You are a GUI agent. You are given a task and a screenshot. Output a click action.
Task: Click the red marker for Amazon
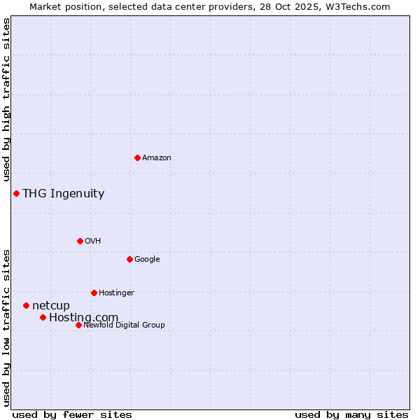pyautogui.click(x=137, y=157)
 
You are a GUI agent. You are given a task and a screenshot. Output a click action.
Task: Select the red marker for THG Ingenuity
pyautogui.click(x=16, y=193)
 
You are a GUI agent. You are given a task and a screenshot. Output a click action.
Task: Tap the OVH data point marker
pyautogui.click(x=80, y=241)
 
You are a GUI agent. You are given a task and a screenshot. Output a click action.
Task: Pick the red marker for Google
pyautogui.click(x=129, y=259)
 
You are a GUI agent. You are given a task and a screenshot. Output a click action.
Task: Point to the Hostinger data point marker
pyautogui.click(x=94, y=293)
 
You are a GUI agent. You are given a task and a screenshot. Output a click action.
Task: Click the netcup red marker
pyautogui.click(x=26, y=305)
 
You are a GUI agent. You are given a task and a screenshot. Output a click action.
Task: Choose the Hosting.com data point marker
pyautogui.click(x=43, y=317)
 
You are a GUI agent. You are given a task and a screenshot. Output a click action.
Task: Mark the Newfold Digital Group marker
pyautogui.click(x=78, y=325)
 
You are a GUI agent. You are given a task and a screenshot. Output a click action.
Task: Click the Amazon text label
pyautogui.click(x=157, y=158)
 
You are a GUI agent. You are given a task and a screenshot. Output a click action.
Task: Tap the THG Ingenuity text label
pyautogui.click(x=63, y=194)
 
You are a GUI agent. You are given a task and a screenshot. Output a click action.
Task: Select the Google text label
pyautogui.click(x=147, y=260)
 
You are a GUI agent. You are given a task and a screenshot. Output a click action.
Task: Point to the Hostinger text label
pyautogui.click(x=116, y=293)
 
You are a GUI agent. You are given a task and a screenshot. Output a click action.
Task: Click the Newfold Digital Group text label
pyautogui.click(x=124, y=325)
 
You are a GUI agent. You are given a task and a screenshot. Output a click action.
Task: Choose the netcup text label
pyautogui.click(x=51, y=306)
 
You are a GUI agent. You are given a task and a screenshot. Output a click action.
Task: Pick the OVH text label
pyautogui.click(x=93, y=241)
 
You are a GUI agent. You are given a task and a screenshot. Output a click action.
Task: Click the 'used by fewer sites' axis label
pyautogui.click(x=72, y=414)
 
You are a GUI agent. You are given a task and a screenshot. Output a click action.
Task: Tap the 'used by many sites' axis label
pyautogui.click(x=351, y=414)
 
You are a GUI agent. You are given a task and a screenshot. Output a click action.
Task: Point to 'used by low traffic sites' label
pyautogui.click(x=7, y=328)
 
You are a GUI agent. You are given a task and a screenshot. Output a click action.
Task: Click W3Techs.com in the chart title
pyautogui.click(x=360, y=6)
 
